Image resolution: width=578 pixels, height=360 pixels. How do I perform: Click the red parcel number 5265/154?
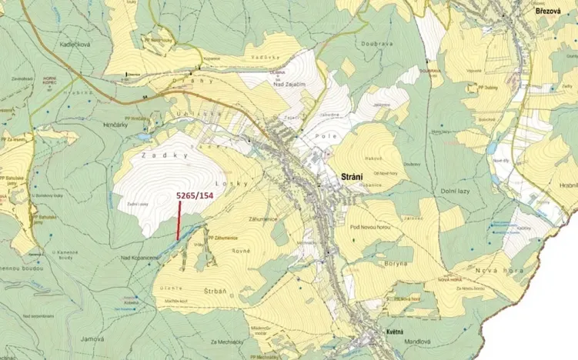194,195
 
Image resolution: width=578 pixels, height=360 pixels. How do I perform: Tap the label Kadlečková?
75,45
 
